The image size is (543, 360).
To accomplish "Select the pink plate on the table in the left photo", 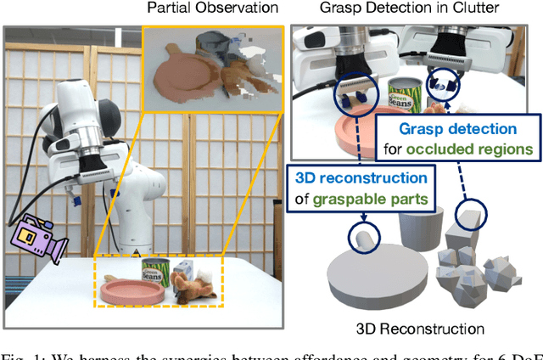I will pyautogui.click(x=132, y=291).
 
